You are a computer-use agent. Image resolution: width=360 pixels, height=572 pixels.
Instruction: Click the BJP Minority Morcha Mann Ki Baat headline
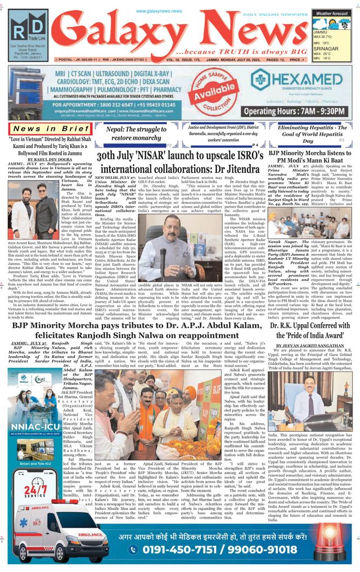(309, 157)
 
